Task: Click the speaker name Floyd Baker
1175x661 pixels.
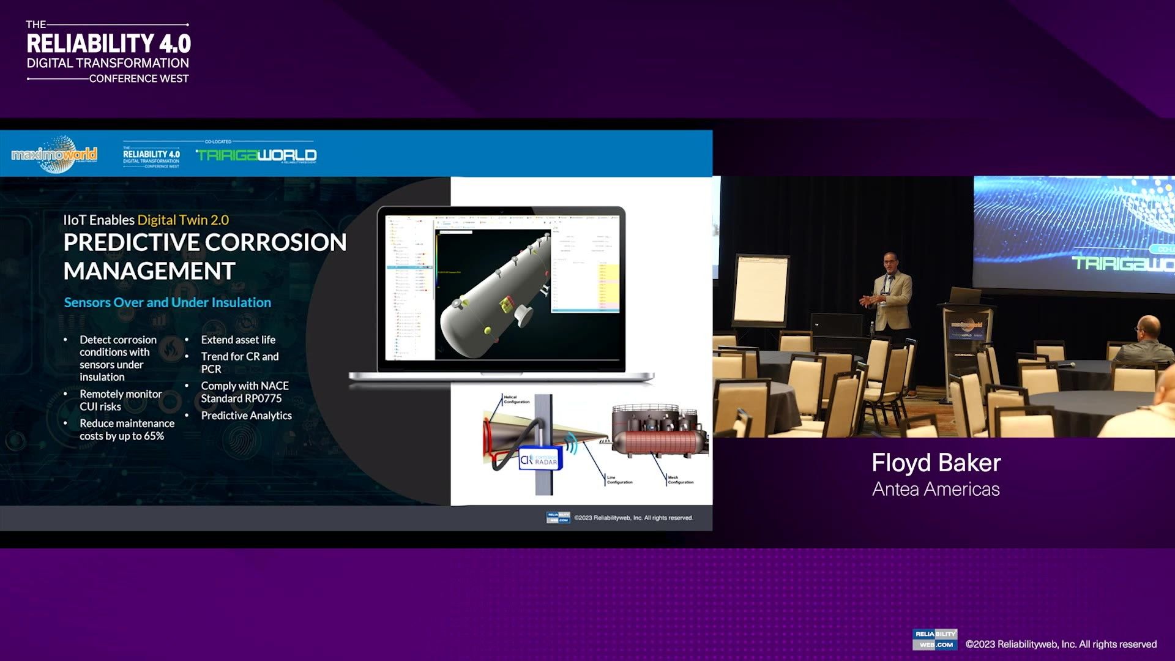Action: click(936, 463)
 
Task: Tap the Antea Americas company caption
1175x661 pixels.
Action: click(936, 489)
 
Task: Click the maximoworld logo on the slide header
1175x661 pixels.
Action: click(54, 154)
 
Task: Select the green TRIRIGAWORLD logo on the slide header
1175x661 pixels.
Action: click(256, 155)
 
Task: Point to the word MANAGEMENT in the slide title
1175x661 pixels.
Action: click(149, 271)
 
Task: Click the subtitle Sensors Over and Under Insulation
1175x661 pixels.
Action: click(167, 302)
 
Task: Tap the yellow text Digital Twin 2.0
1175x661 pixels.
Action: click(183, 220)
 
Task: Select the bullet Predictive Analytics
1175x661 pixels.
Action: click(246, 416)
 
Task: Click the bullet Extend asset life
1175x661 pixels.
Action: click(238, 340)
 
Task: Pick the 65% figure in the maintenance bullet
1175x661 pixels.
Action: click(154, 436)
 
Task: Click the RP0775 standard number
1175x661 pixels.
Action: click(263, 398)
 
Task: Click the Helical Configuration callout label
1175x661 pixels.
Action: click(516, 400)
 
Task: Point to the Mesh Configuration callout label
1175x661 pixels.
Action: click(680, 480)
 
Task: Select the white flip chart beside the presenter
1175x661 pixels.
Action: click(761, 289)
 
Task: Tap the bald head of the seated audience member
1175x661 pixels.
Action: click(1147, 326)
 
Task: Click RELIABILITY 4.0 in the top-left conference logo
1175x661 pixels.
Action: click(109, 43)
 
